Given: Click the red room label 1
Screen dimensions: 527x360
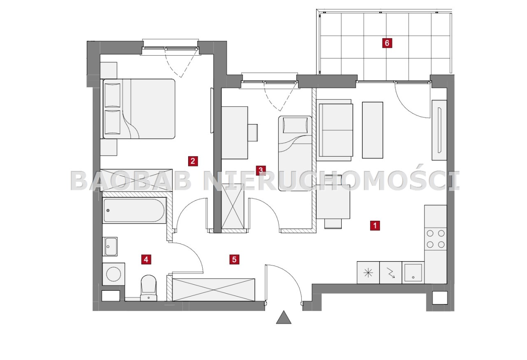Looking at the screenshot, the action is click(x=375, y=225).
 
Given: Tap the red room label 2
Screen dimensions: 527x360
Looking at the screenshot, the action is click(x=193, y=161).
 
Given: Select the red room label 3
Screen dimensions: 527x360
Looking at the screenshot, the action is click(x=261, y=171).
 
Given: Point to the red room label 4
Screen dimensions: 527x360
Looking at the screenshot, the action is click(x=146, y=259).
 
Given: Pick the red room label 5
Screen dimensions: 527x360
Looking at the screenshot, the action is click(x=234, y=259).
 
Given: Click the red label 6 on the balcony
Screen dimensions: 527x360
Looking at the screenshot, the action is click(x=387, y=43).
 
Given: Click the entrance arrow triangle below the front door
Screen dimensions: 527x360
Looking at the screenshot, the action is click(x=284, y=317).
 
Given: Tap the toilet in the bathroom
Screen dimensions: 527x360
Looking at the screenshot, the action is click(x=149, y=288).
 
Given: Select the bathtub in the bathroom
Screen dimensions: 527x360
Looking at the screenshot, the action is click(x=134, y=210).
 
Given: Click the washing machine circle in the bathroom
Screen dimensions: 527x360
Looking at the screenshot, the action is click(x=114, y=274).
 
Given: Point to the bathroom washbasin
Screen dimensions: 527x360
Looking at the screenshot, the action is click(x=110, y=246).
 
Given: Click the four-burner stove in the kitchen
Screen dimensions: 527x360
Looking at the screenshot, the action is click(x=436, y=239).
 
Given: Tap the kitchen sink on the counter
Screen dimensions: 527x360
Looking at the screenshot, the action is click(x=413, y=273).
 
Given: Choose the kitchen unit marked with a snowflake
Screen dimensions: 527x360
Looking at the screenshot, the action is click(x=368, y=273).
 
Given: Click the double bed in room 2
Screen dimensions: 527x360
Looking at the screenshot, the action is click(x=139, y=109).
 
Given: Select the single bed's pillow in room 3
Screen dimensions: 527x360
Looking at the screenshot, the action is click(x=295, y=125).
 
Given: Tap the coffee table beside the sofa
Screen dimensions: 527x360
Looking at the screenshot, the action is click(x=373, y=130).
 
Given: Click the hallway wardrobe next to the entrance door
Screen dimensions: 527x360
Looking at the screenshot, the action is click(x=213, y=290).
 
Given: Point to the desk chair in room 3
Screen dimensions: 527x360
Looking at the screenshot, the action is click(x=252, y=133).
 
